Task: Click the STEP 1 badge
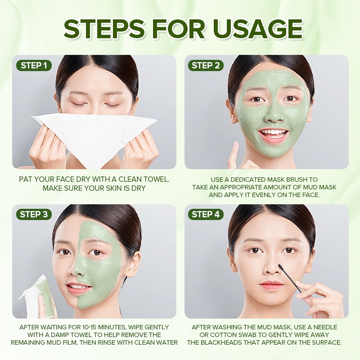34,65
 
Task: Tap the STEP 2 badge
206,65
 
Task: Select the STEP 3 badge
34,214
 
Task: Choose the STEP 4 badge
206,214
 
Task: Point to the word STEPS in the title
104,29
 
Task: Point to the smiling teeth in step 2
273,133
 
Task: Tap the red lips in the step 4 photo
272,284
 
